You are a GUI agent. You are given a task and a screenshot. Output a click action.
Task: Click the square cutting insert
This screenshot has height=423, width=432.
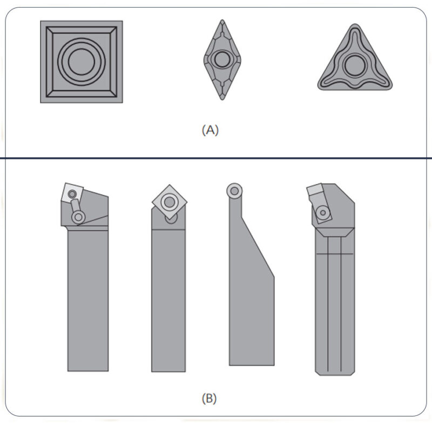click(82, 62)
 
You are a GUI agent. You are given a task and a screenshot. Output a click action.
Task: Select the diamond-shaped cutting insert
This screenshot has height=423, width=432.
click(222, 59)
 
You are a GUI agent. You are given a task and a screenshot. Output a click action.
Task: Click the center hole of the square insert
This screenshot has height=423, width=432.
click(82, 62)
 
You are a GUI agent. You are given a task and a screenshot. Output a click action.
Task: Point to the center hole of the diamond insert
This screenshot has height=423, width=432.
click(222, 59)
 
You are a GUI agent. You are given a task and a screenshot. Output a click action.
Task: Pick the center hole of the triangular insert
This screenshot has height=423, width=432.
click(355, 65)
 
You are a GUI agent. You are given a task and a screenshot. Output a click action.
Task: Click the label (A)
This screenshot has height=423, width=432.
click(210, 130)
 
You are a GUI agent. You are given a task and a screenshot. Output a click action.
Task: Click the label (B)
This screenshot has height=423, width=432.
click(210, 399)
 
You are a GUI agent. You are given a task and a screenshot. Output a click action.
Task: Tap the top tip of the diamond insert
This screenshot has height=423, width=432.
click(222, 20)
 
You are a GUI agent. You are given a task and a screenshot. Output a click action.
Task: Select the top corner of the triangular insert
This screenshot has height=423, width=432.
click(355, 24)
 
